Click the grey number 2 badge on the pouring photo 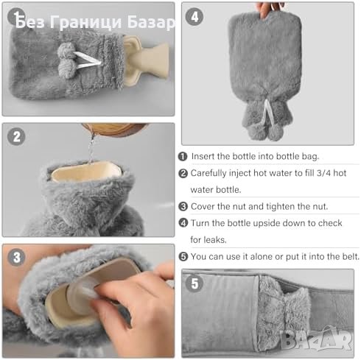click(16, 136)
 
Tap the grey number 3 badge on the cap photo click(16, 258)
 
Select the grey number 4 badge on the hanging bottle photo click(194, 17)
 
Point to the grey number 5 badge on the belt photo click(194, 283)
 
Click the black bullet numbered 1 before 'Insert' click(183, 157)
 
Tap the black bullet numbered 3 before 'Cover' click(183, 206)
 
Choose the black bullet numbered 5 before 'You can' click(183, 257)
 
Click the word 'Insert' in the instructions click(203, 156)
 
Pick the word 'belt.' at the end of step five click(351, 256)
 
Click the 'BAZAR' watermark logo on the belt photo click(317, 339)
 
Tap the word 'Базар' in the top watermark click(151, 23)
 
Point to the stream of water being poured click(91, 148)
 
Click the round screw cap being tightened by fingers click(83, 296)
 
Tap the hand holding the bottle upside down click(269, 10)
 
